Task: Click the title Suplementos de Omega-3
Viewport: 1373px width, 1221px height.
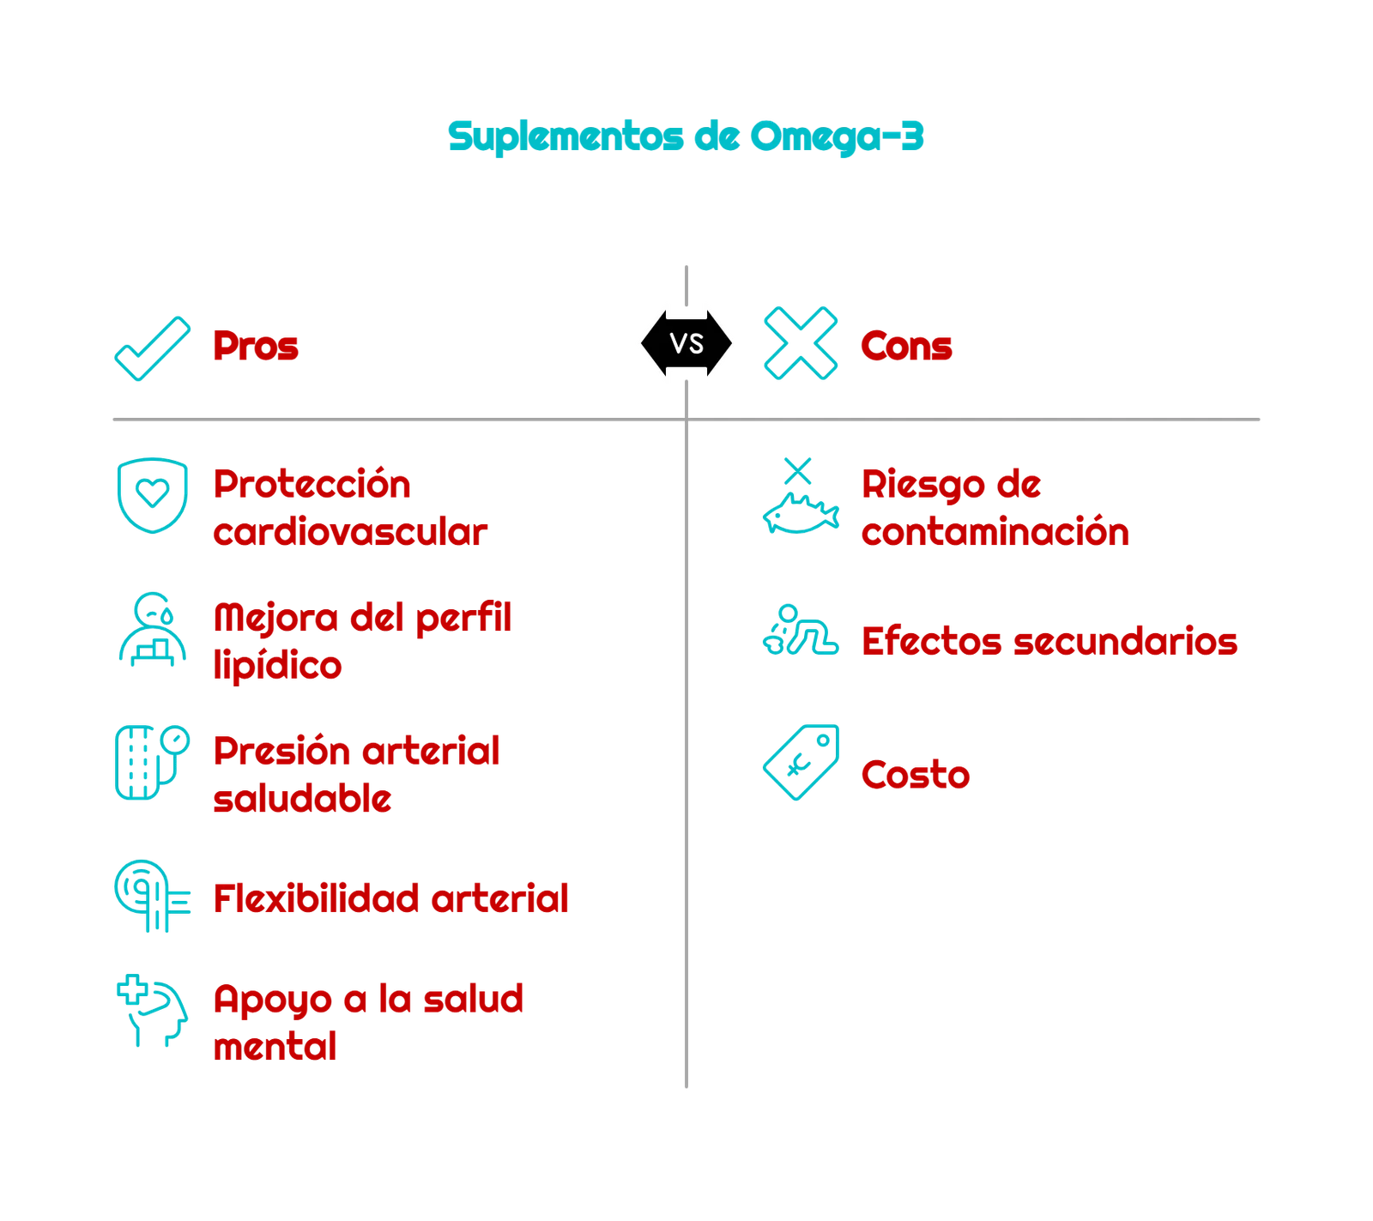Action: click(x=686, y=136)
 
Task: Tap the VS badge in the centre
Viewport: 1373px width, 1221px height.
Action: click(x=686, y=343)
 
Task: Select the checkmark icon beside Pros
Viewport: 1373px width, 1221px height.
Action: click(x=153, y=347)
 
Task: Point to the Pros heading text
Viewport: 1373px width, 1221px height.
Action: click(x=256, y=347)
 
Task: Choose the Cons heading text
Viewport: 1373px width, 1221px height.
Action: click(x=905, y=347)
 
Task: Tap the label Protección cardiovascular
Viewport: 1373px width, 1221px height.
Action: click(x=350, y=508)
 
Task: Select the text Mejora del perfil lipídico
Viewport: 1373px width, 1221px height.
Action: click(x=362, y=641)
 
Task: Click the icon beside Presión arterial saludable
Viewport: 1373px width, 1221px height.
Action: click(x=151, y=761)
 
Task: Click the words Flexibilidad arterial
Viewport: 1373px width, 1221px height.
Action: click(x=390, y=899)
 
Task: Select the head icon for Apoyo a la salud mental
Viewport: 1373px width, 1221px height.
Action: click(x=151, y=1010)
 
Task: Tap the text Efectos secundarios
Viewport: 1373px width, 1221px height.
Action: click(x=1049, y=642)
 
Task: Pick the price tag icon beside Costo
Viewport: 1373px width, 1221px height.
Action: click(x=802, y=762)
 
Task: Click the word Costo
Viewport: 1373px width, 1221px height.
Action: click(x=915, y=776)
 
